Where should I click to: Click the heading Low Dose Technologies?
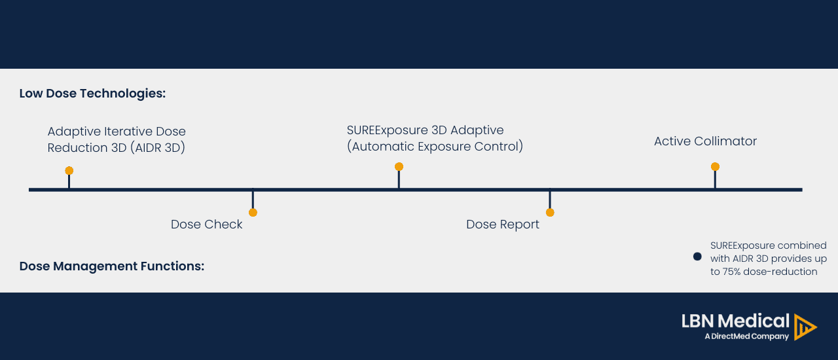(92, 94)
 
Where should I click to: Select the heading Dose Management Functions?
(112, 266)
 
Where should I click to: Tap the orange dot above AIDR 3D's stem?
(69, 171)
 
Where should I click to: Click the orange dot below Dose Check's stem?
(253, 213)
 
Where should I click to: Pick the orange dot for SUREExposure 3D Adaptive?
(399, 167)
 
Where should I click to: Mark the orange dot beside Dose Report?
(550, 213)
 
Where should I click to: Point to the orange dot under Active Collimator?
(715, 167)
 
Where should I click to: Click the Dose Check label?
(206, 225)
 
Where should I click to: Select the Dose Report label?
(503, 225)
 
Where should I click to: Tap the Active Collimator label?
(705, 141)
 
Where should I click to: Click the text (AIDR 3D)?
(157, 148)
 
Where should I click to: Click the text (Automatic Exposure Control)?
(435, 147)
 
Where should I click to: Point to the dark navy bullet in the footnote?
(697, 257)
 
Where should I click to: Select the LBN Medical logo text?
(735, 321)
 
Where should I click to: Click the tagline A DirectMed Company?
(746, 336)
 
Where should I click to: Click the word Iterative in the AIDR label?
(129, 132)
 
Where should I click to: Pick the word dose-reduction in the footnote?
(788, 272)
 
